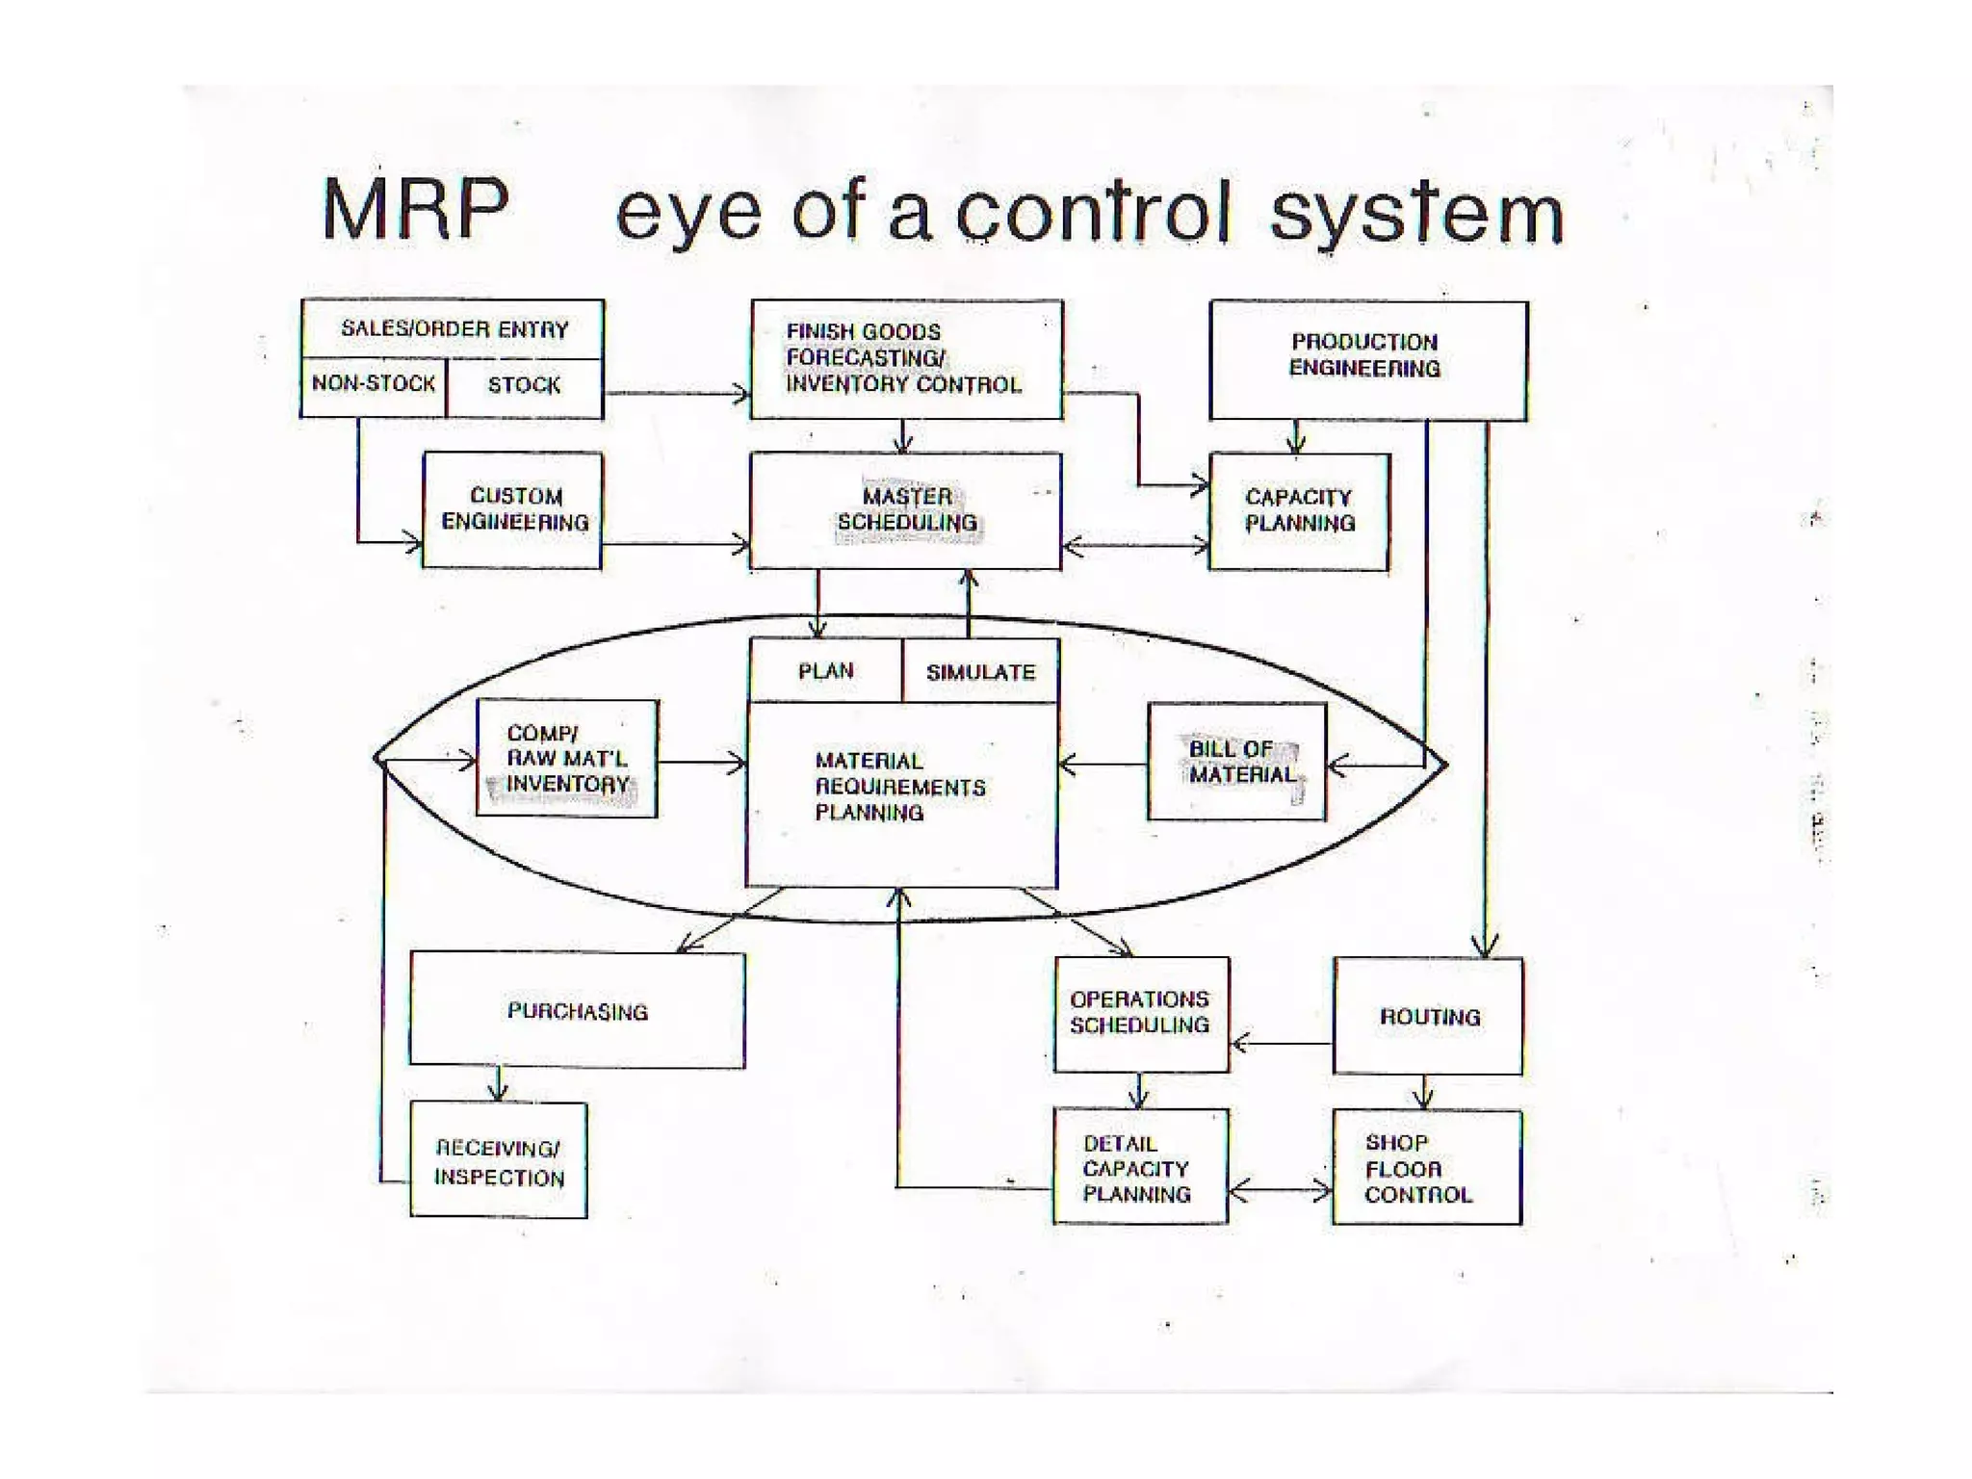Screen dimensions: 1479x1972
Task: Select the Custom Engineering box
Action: [x=513, y=509]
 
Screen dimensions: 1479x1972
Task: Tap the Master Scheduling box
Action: [x=905, y=510]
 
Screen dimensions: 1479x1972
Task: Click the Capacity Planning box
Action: [x=1298, y=510]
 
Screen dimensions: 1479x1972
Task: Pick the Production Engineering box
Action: [x=1367, y=358]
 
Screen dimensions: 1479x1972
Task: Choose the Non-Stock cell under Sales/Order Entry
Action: [x=374, y=385]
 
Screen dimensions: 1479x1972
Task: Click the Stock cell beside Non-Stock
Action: [x=524, y=386]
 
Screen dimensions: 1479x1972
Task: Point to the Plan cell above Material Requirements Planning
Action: [x=825, y=671]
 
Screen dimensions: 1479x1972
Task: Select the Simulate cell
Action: [x=980, y=672]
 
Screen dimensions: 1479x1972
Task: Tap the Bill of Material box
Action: [x=1236, y=762]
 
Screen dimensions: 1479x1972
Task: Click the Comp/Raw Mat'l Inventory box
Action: [x=567, y=759]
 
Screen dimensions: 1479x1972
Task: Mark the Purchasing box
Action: [x=577, y=1010]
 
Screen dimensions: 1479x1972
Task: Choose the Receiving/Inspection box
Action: [x=499, y=1161]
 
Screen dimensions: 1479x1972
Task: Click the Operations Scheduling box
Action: [x=1141, y=1013]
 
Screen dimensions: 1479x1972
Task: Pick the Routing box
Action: [x=1429, y=1016]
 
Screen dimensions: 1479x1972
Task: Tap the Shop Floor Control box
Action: [x=1426, y=1168]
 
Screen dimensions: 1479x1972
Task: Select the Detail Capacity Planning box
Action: [x=1140, y=1168]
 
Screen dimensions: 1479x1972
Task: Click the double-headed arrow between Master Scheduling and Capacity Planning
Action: [x=1135, y=546]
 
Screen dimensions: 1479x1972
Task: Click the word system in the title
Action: [x=1415, y=214]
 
